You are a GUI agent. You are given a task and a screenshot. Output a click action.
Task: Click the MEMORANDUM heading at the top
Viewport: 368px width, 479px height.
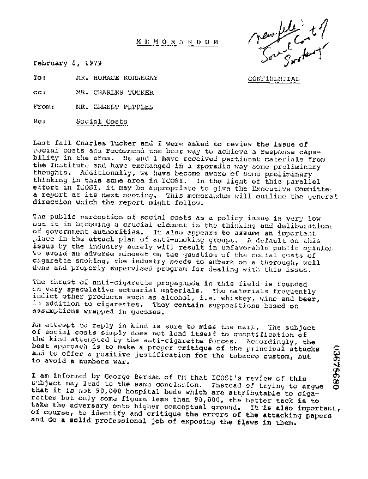coord(177,42)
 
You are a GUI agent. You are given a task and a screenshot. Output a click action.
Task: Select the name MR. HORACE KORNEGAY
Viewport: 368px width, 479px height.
coord(117,78)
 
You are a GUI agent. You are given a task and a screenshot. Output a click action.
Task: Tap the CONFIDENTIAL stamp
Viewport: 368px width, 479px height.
coord(273,78)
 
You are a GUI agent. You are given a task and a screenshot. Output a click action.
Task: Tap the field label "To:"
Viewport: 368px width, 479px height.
coord(39,78)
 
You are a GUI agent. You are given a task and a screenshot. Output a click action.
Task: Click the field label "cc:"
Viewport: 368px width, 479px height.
coord(39,93)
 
